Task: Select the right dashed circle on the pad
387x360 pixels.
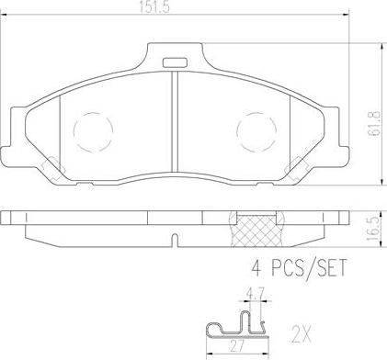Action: pyautogui.click(x=256, y=128)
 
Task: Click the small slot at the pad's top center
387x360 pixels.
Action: pyautogui.click(x=174, y=62)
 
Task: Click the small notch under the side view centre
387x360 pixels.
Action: pyautogui.click(x=174, y=240)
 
